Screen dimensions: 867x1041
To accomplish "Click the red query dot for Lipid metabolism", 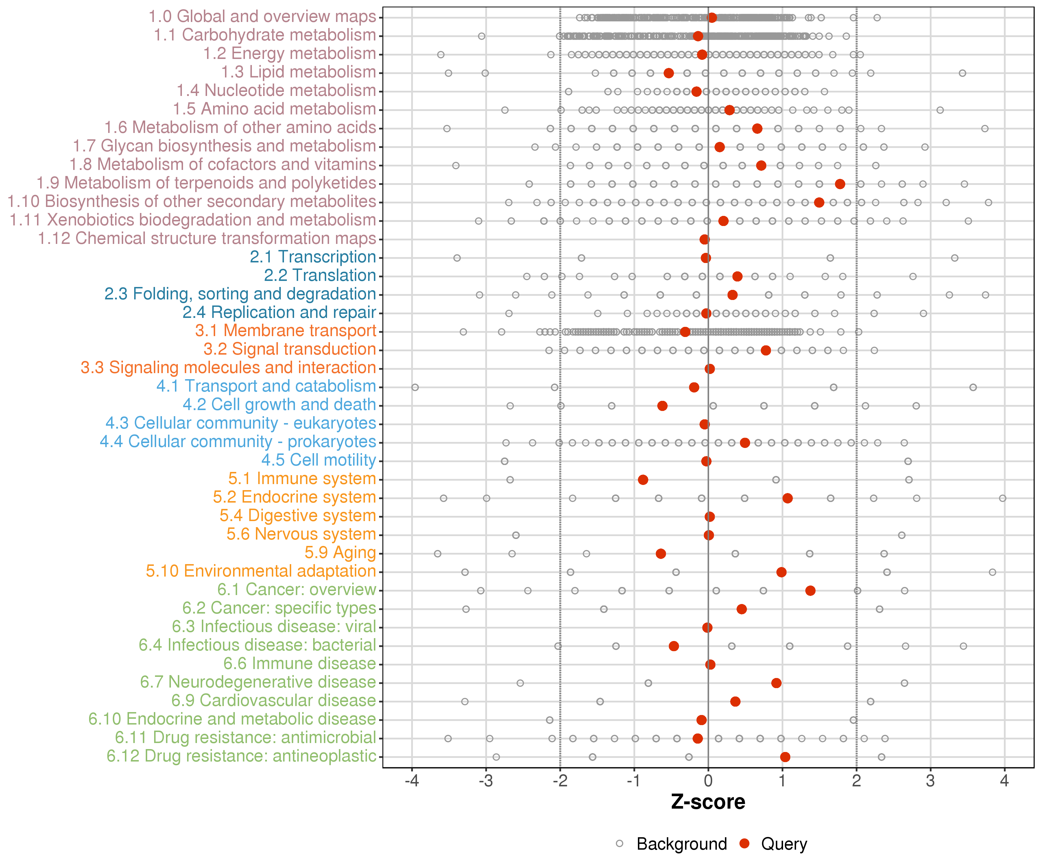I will coord(669,73).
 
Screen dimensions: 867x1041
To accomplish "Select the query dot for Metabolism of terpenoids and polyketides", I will coord(840,184).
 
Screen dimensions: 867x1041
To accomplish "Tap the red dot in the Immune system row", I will coord(643,479).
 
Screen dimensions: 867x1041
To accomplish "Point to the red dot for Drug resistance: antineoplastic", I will coord(785,757).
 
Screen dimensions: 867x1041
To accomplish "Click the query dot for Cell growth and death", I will coord(662,406).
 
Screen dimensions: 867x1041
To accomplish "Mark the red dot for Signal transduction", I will coord(766,350).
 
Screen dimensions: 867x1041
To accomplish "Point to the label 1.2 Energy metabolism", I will coord(289,53).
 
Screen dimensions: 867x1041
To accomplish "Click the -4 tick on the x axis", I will coord(412,781).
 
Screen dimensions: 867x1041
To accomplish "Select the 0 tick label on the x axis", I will coord(708,781).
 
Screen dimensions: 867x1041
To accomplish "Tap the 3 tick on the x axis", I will coord(931,781).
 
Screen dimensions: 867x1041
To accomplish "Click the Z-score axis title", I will coord(708,802).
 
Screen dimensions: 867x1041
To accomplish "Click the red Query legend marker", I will coord(744,844).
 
